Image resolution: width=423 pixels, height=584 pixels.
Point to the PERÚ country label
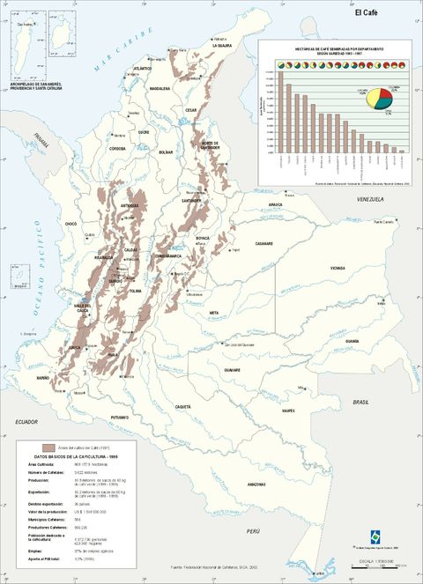(254, 532)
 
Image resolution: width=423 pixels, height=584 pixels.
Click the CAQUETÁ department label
(182, 406)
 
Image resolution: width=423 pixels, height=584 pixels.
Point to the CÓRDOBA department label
(117, 148)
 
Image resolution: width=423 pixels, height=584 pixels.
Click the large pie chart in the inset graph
(380, 98)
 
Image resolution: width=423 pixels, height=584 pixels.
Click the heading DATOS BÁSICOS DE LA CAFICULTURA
(75, 456)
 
